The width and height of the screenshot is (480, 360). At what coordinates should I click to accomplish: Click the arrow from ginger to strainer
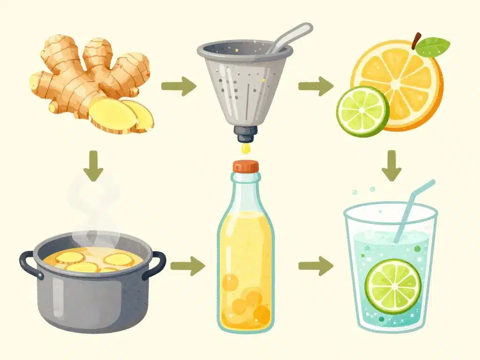tap(178, 86)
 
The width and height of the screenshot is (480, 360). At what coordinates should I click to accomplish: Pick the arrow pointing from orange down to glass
tap(391, 165)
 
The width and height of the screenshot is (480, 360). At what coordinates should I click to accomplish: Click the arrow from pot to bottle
tap(187, 266)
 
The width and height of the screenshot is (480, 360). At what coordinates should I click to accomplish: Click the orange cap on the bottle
tap(246, 167)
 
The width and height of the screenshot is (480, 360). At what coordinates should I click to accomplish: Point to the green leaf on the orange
tap(432, 47)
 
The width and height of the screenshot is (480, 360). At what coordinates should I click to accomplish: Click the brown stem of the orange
tap(416, 40)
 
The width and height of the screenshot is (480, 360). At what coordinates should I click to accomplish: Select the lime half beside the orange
tap(362, 111)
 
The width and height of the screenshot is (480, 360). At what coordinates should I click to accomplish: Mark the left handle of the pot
tap(29, 264)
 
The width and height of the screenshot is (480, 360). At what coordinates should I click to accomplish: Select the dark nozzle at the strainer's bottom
tap(244, 135)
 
